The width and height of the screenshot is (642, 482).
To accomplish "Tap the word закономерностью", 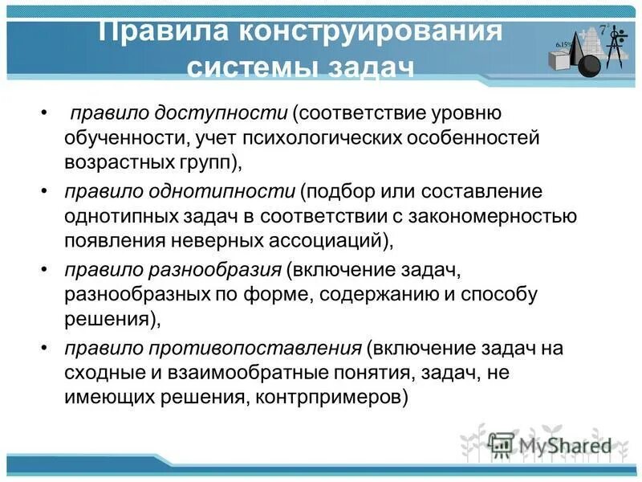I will tap(490, 215).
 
